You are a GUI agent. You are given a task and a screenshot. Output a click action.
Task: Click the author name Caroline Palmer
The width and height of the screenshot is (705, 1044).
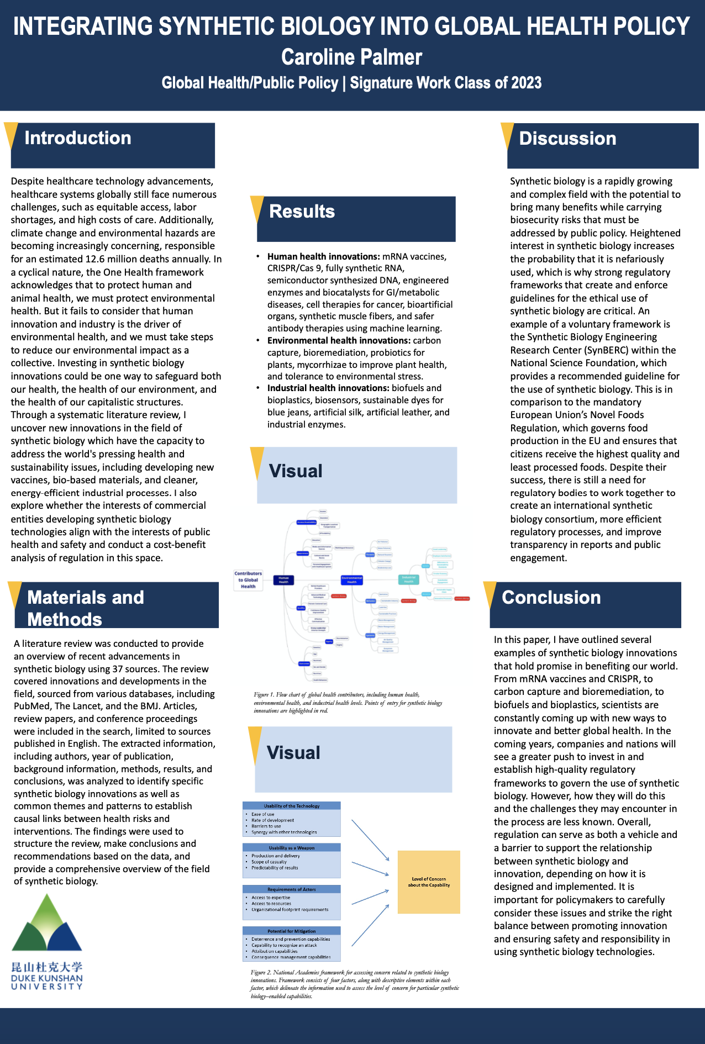(351, 57)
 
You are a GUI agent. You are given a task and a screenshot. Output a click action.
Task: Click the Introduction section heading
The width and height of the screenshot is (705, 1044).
(78, 138)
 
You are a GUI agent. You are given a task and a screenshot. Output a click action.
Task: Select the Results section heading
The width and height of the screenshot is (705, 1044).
(302, 212)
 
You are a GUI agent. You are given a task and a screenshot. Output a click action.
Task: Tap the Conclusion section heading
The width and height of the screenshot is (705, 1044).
(551, 598)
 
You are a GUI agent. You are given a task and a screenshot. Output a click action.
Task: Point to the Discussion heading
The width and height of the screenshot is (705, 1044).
(567, 139)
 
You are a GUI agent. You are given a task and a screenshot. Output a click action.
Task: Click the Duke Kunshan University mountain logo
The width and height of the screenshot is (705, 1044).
(47, 925)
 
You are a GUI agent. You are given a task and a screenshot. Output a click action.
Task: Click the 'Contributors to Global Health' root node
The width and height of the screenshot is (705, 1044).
(248, 580)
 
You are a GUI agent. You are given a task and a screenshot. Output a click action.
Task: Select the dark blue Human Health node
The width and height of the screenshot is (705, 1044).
(283, 580)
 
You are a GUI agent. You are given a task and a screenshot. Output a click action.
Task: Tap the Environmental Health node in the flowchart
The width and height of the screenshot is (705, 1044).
(351, 580)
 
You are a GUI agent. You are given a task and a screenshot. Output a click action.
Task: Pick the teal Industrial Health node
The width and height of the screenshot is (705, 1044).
(408, 579)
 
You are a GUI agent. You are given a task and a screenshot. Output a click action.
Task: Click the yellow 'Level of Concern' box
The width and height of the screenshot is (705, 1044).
(429, 882)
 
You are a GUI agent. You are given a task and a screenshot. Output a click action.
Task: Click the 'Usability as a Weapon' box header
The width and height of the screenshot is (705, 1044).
(292, 847)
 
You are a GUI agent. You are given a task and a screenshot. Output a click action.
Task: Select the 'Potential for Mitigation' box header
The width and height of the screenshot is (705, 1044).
(292, 931)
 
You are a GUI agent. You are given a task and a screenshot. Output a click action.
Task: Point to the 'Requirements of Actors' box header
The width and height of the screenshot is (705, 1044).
(292, 889)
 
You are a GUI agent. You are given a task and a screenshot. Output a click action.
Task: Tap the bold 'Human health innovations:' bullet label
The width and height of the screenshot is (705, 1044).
(323, 256)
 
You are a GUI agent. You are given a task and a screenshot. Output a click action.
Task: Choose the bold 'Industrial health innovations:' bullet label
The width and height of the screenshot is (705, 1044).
(328, 388)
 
